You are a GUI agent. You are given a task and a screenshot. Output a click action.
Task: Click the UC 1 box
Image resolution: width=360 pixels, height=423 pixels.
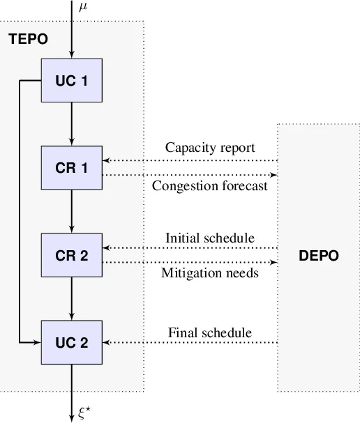click(71, 81)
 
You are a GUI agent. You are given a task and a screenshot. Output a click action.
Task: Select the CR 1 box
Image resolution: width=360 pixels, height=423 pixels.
click(71, 168)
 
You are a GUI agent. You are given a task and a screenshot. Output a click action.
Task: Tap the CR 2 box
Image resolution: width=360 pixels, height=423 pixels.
click(71, 255)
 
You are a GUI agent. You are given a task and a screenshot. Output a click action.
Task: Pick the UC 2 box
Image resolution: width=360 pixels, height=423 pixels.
click(71, 342)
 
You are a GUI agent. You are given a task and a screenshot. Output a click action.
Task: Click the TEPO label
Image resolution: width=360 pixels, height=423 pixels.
click(28, 40)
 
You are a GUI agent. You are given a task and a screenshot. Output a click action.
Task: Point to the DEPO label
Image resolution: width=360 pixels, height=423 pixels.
click(318, 256)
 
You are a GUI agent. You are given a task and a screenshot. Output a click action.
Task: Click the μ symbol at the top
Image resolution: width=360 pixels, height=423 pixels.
click(83, 7)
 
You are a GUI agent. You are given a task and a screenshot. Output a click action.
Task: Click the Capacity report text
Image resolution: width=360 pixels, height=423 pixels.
click(209, 148)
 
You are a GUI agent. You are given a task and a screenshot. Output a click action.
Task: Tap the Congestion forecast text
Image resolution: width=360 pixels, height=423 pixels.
click(209, 186)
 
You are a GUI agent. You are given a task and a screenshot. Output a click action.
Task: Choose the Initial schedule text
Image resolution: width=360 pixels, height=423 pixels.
click(209, 238)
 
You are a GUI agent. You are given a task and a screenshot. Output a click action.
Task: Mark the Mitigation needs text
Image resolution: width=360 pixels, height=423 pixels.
click(209, 273)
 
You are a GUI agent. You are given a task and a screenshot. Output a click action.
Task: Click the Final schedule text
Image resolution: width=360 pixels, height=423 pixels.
click(209, 333)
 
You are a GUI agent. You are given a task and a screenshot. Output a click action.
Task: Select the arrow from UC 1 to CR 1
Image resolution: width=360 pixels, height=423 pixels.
click(71, 124)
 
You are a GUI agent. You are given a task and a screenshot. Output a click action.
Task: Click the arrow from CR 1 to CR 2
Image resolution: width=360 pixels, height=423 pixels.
click(71, 211)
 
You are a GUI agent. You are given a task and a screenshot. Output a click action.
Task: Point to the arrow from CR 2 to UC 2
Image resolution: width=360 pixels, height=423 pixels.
click(71, 298)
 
